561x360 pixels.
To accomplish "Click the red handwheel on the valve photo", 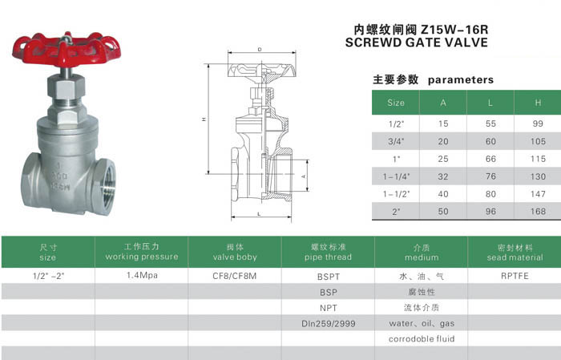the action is tap(67, 50).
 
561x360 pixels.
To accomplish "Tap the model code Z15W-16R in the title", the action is tap(454, 30).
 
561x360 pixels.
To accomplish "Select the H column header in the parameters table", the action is tap(538, 103).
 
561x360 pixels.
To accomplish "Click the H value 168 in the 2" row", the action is tap(538, 212).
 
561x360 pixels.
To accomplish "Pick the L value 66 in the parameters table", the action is tap(490, 159).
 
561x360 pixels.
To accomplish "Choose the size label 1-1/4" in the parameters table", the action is tap(396, 176).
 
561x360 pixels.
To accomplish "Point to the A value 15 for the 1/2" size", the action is tap(443, 123).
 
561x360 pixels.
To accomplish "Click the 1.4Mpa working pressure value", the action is tap(142, 276).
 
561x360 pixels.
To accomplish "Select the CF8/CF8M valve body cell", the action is tap(235, 276).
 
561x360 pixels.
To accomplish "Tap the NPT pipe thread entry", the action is tap(329, 308).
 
